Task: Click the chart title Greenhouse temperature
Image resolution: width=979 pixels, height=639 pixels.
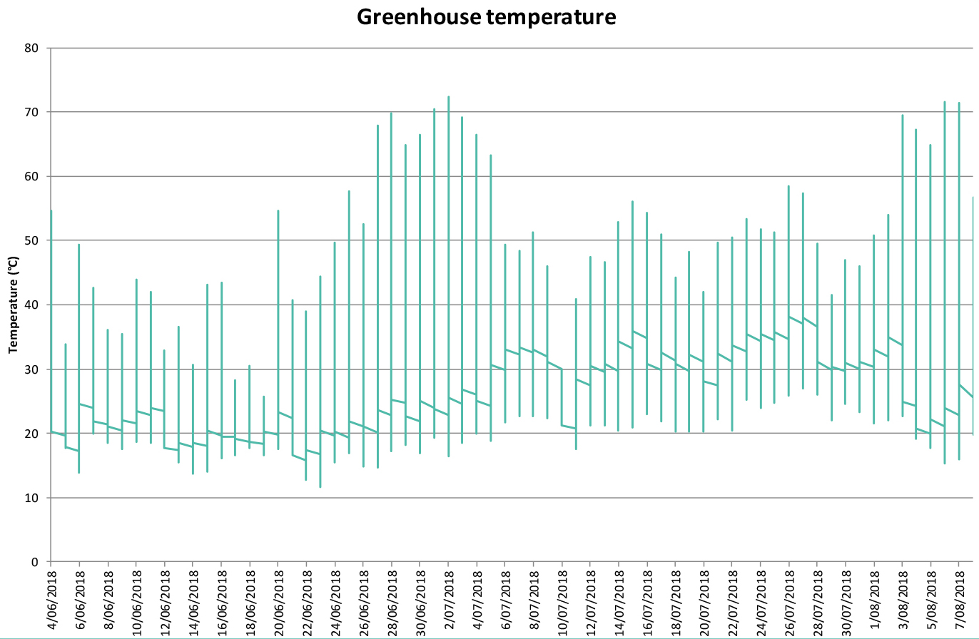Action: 487,16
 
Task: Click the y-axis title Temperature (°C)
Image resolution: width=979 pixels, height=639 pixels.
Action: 12,305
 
